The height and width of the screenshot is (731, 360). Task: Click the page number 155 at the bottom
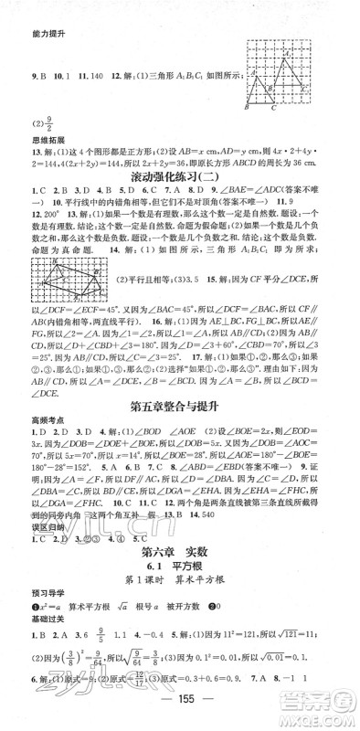click(180, 715)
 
